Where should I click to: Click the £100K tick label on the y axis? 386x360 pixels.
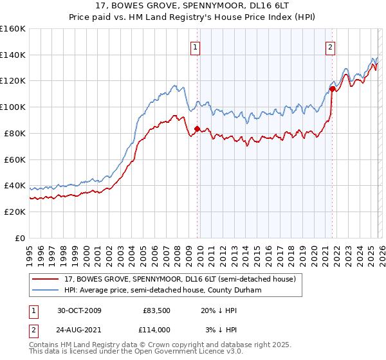tap(13, 107)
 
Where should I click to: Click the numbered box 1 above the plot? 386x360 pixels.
tap(194, 46)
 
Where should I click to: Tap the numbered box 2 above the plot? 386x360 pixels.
tap(330, 46)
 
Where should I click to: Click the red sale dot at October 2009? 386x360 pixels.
tap(197, 129)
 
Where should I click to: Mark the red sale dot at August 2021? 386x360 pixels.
tap(332, 88)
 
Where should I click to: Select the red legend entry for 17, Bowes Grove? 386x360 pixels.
tap(179, 279)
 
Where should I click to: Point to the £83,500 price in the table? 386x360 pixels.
tap(156, 310)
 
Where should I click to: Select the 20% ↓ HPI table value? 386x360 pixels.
tap(219, 310)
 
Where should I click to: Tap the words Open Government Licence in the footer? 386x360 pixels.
tap(194, 352)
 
